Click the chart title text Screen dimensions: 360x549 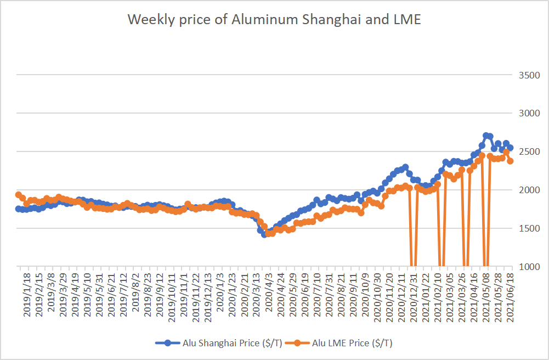274,19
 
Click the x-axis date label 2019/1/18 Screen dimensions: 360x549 26,294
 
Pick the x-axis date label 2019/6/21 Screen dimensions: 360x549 111,294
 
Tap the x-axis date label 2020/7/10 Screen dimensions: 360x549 317,294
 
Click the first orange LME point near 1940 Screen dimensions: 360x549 19,195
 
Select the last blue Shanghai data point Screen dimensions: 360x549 510,148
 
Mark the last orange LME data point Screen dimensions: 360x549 510,161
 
